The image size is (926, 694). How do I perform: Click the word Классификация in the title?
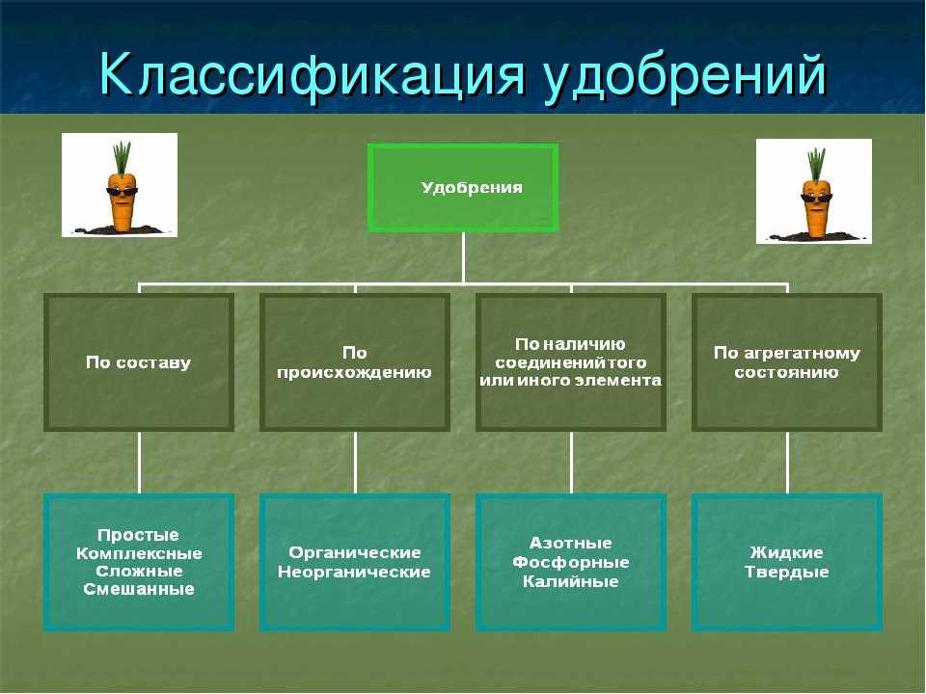(312, 75)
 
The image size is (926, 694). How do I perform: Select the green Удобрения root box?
(463, 187)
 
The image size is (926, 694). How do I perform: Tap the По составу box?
(139, 361)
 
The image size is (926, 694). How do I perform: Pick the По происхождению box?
(354, 361)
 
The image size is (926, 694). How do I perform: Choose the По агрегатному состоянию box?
(787, 361)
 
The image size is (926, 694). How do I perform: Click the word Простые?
(138, 535)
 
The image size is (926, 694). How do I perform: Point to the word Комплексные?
(139, 553)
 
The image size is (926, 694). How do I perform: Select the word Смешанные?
(139, 589)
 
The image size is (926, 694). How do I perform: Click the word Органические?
(354, 552)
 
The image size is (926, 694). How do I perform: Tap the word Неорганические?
(354, 572)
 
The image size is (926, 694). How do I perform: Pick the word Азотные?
(570, 543)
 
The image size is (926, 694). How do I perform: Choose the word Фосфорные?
(570, 562)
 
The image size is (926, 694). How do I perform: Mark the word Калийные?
(570, 581)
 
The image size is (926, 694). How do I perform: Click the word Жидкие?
(787, 552)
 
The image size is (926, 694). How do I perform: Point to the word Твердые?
(787, 572)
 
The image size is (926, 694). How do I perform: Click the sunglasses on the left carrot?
(122, 191)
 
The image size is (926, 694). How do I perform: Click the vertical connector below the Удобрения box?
(463, 258)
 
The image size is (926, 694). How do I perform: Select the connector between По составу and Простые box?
(139, 462)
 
